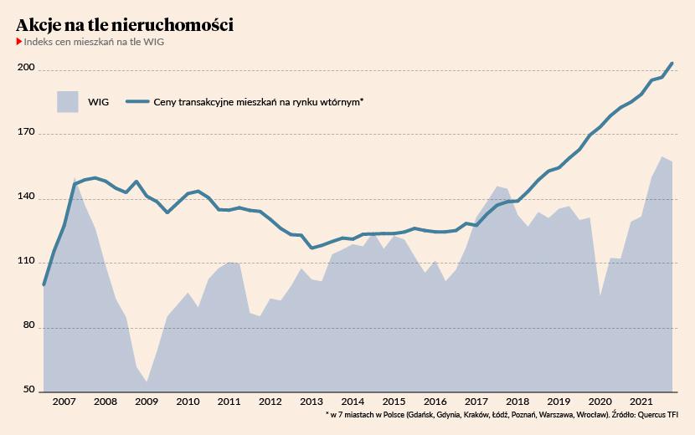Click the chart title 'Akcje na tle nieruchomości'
[125, 25]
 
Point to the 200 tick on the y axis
[26, 69]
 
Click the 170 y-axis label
[26, 133]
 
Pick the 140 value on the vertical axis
[26, 197]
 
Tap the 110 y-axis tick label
[26, 262]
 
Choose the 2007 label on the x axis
[64, 402]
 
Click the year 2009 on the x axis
[146, 402]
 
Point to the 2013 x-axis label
[311, 402]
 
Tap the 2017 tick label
[476, 402]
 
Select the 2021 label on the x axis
[641, 402]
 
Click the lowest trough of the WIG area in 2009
[147, 381]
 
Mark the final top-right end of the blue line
[672, 64]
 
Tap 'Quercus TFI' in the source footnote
[657, 414]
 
